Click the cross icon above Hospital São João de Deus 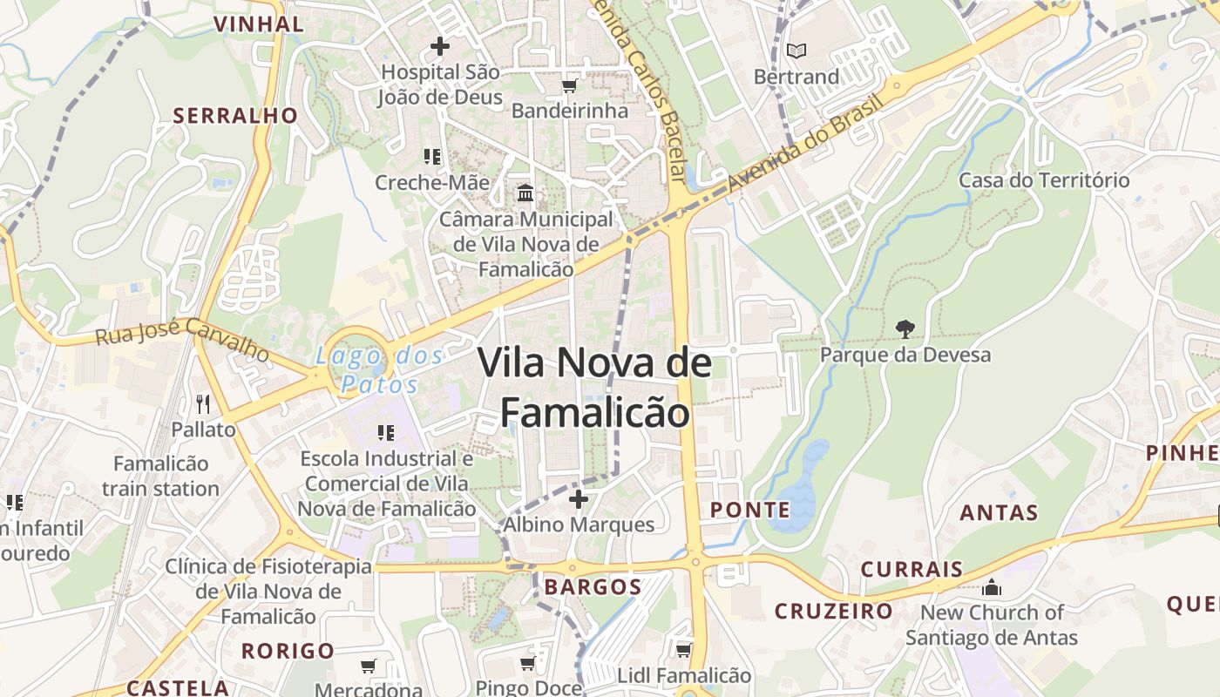click(440, 45)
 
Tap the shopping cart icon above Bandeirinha click(569, 85)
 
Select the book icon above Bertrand click(796, 51)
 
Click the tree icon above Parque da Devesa click(905, 329)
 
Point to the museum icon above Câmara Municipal click(525, 193)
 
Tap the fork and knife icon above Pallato click(203, 403)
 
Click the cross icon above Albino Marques click(578, 499)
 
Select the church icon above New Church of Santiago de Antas click(991, 587)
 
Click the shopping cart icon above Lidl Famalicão click(683, 650)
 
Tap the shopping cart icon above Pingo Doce click(527, 664)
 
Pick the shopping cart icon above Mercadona click(368, 667)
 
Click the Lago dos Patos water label click(380, 369)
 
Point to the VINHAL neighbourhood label click(258, 24)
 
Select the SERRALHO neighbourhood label click(234, 115)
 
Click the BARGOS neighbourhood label click(593, 586)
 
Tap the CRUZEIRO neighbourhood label click(834, 611)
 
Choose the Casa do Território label click(1044, 180)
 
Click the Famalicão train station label click(160, 476)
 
